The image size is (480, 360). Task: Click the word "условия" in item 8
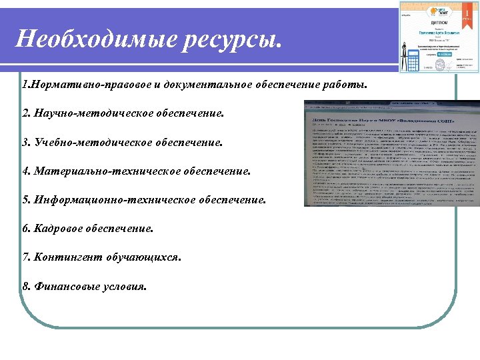click(123, 286)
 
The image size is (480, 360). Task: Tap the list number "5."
click(26, 200)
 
